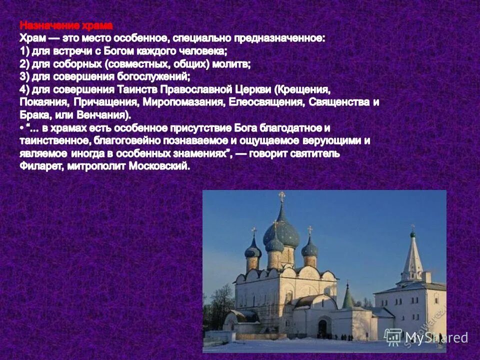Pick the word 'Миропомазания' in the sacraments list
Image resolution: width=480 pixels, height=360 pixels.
183,102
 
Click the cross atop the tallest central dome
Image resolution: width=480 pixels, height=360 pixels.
282,196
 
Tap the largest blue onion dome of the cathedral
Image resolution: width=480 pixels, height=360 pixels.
281,231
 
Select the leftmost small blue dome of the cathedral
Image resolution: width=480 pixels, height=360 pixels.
253,249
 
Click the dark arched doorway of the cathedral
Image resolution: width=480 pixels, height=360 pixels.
322,327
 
